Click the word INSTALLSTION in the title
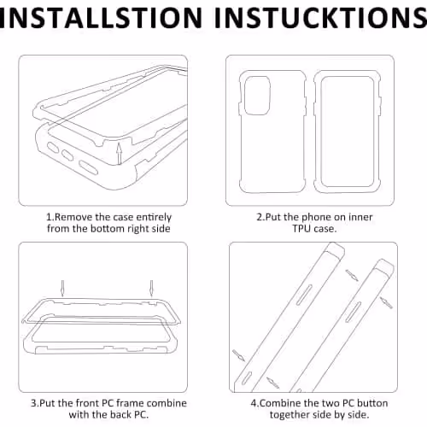pos(101,18)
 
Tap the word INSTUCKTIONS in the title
pos(321,18)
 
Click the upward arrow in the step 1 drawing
pos(120,154)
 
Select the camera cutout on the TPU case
pos(257,96)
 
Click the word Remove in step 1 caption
pos(73,217)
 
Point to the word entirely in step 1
pos(154,218)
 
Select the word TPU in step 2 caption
pos(302,229)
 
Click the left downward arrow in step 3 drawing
pos(62,289)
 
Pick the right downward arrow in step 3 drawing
pos(151,289)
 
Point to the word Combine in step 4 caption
pos(281,403)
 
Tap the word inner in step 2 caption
pos(360,217)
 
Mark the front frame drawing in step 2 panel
pos(348,132)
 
